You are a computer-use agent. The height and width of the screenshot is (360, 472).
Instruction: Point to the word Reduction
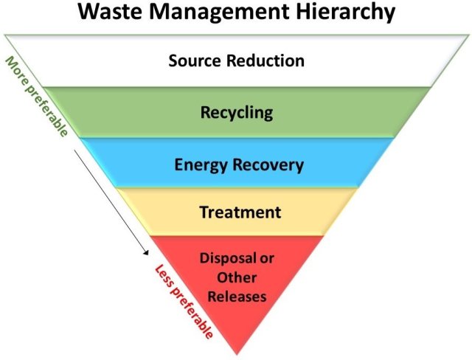coord(268,60)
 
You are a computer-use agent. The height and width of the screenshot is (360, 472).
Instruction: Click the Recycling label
coord(236,113)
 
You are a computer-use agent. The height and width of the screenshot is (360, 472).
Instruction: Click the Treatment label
coord(240,212)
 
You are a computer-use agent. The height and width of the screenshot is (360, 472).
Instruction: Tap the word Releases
coord(236,297)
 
